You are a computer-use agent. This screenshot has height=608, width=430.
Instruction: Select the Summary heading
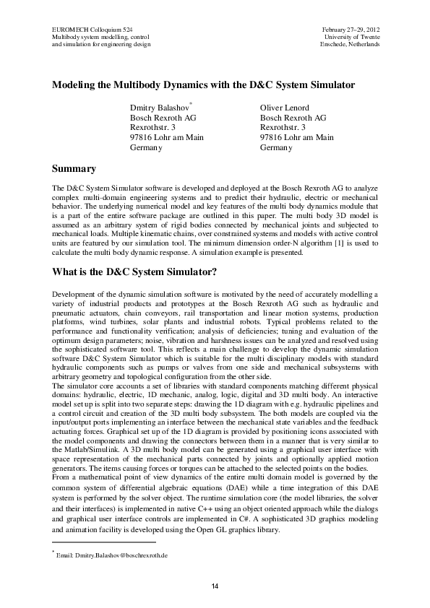[x=74, y=169]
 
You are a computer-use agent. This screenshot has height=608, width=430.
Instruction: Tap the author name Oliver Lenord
[x=284, y=108]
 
